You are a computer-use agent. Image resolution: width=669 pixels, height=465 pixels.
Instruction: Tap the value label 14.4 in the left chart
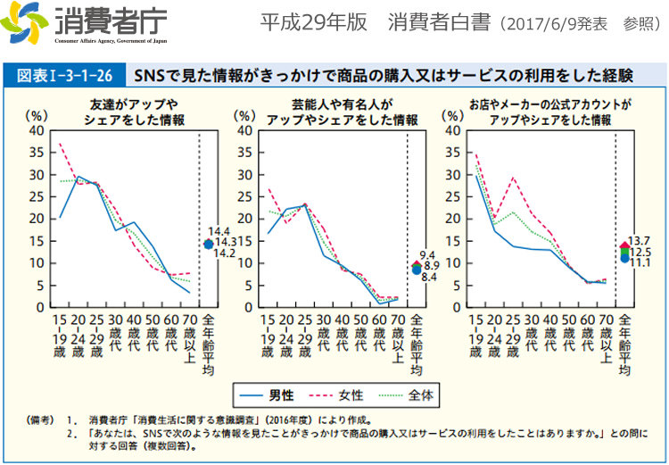(x=218, y=231)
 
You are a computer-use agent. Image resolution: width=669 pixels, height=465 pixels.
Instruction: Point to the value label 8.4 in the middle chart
(x=427, y=277)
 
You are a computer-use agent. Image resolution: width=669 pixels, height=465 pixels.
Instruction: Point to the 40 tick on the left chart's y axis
(x=37, y=130)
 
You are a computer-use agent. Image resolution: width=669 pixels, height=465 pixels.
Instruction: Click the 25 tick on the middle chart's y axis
(x=245, y=196)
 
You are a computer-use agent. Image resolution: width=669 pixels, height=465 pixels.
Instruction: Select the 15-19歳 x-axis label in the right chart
(x=476, y=336)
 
